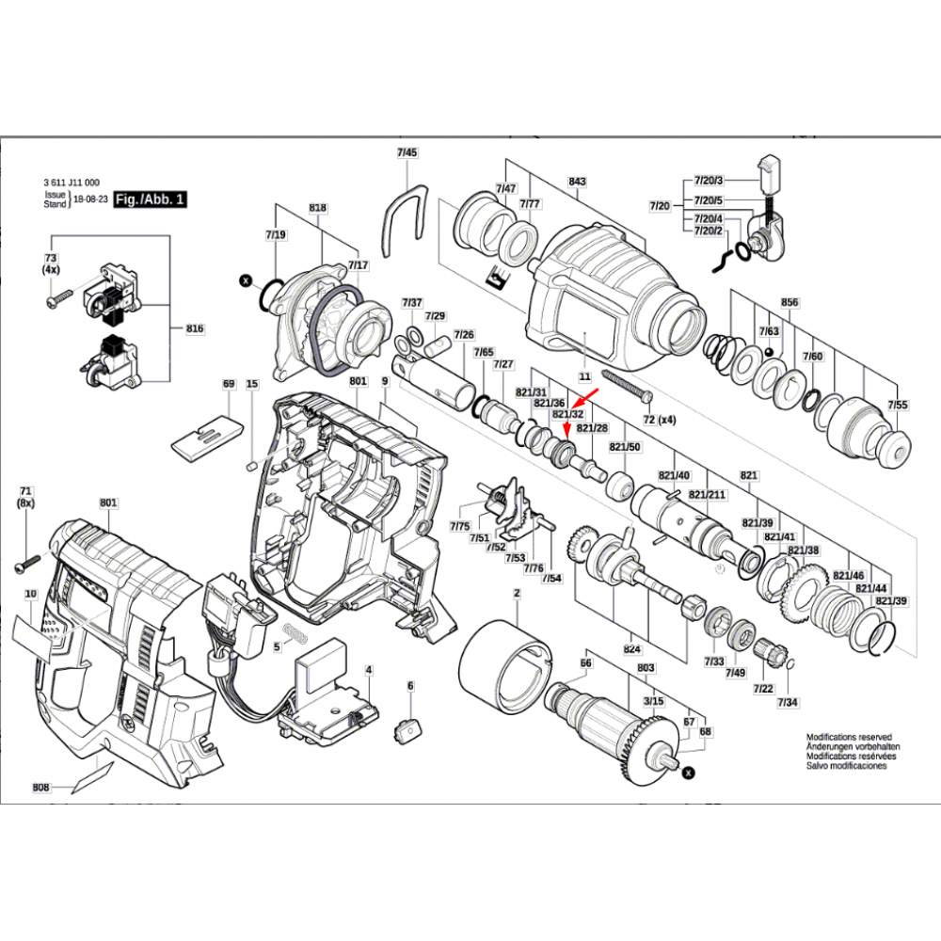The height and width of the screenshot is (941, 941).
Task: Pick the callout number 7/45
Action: (407, 152)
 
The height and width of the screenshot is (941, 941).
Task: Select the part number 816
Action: (195, 328)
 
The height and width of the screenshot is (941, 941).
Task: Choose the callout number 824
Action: (631, 649)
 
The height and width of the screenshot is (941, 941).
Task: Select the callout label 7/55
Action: (896, 406)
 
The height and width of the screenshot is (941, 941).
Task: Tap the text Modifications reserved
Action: (848, 738)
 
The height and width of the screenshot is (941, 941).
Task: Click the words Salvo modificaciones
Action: (846, 766)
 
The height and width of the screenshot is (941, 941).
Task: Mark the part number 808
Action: (40, 787)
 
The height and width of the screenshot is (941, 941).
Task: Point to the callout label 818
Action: (317, 208)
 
